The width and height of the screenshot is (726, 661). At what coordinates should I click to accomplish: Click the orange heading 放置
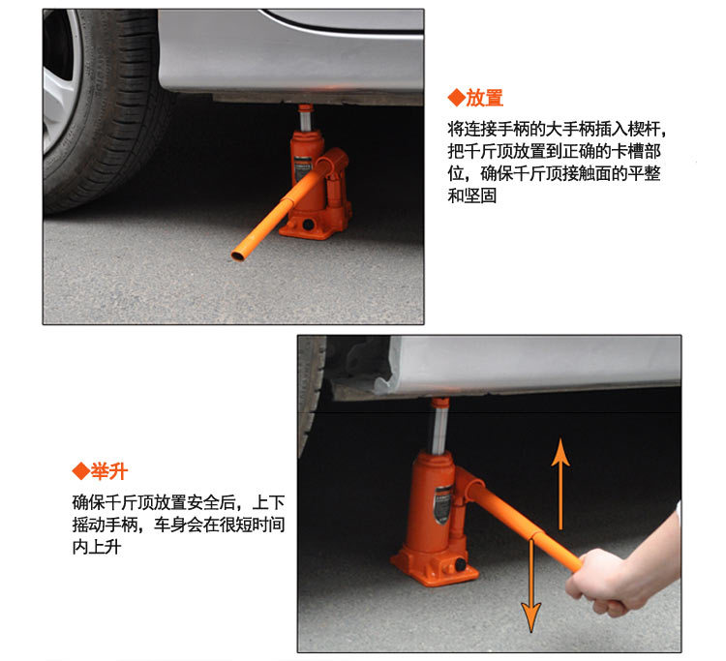coord(484,98)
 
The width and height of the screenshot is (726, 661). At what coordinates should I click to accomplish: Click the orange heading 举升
coord(108,471)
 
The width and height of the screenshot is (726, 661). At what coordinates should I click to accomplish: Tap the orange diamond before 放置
coord(456,98)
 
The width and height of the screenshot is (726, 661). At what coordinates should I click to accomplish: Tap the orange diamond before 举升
coord(81,471)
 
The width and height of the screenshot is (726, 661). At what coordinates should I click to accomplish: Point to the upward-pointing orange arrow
coord(560,484)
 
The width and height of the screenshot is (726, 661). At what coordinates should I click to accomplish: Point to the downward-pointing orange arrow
coord(531,586)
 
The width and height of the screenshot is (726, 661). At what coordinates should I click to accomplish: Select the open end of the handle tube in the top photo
coord(238,255)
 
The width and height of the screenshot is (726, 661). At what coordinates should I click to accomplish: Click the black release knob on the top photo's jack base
coord(308,225)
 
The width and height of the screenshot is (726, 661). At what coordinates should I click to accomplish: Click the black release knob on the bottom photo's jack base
coord(460,565)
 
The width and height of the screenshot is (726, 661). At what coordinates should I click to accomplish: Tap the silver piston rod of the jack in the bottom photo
coord(439,430)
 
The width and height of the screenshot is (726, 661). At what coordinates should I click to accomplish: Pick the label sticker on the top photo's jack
coord(302,169)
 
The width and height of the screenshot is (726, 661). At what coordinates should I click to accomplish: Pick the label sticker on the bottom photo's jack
coord(442,504)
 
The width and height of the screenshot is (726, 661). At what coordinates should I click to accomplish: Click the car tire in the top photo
coord(108,111)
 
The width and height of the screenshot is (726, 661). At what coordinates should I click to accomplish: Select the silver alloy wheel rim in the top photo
coord(59,83)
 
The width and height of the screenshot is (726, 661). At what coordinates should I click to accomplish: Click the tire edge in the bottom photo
coord(310,394)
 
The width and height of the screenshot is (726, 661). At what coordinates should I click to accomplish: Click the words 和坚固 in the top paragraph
coord(471,195)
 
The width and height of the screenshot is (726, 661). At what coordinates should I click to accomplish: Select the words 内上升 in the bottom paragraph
coord(97,547)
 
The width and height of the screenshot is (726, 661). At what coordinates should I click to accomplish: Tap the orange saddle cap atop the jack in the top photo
coord(306,108)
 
